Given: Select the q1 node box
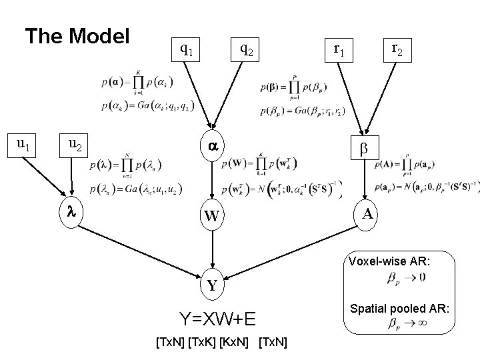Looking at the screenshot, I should tap(187, 49).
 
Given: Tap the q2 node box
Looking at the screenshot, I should tap(245, 49).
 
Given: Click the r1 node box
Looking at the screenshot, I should tap(338, 49).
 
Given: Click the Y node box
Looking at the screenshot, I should tap(212, 286).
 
